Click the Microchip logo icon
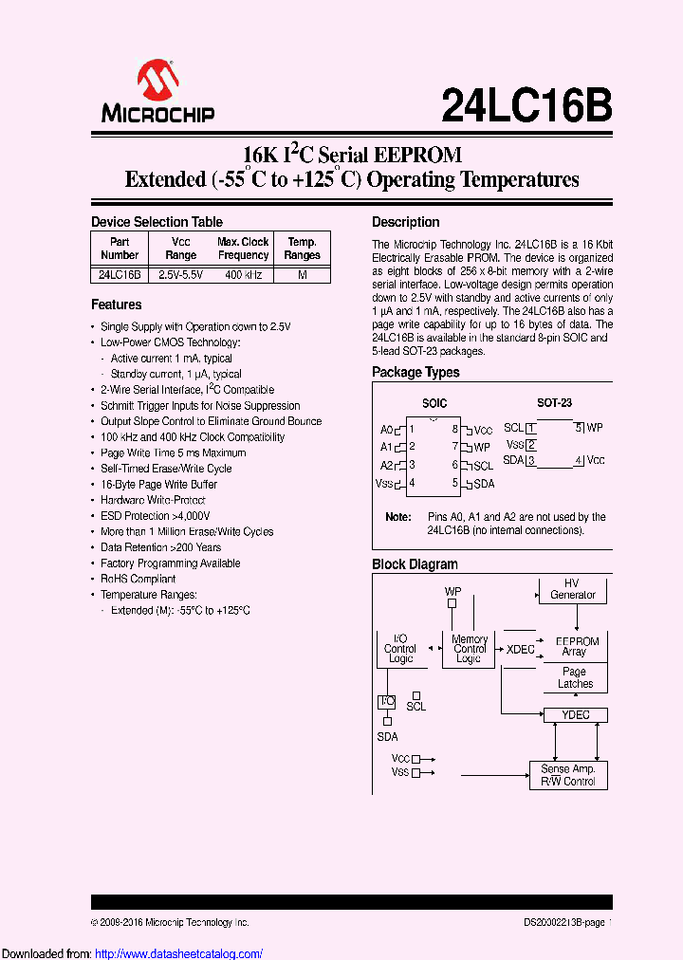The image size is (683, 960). pyautogui.click(x=157, y=80)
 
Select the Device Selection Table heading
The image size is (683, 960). pyautogui.click(x=157, y=222)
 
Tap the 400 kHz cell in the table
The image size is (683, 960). pyautogui.click(x=243, y=274)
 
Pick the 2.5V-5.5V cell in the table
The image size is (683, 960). pyautogui.click(x=180, y=274)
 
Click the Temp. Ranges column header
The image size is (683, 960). pyautogui.click(x=303, y=249)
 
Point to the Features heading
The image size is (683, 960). pyautogui.click(x=116, y=305)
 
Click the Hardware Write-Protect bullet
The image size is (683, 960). pyautogui.click(x=153, y=500)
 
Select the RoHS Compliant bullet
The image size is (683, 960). pyautogui.click(x=138, y=579)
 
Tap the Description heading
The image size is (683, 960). pyautogui.click(x=405, y=222)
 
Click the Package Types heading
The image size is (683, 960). pyautogui.click(x=415, y=372)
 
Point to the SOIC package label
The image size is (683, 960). pyautogui.click(x=434, y=403)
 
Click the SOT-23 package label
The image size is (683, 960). pyautogui.click(x=554, y=403)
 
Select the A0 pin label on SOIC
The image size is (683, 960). pyautogui.click(x=386, y=429)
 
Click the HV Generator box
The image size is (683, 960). pyautogui.click(x=573, y=589)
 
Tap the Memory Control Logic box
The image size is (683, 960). pyautogui.click(x=469, y=649)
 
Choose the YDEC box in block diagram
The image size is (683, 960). pyautogui.click(x=575, y=714)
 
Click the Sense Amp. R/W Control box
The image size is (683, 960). pyautogui.click(x=567, y=775)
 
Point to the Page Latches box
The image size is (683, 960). pyautogui.click(x=575, y=677)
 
